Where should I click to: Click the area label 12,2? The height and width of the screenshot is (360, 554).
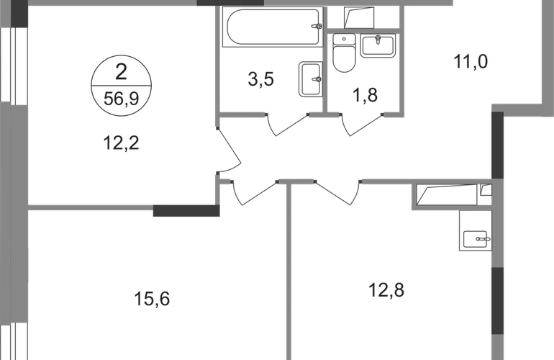(121, 143)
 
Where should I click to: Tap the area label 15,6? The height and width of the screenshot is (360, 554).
(152, 300)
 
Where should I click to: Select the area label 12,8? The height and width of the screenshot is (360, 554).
(386, 291)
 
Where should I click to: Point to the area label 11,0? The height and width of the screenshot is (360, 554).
(471, 62)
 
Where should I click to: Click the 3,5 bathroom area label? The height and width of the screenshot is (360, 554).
(261, 79)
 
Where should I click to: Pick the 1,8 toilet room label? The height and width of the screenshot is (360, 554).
(365, 96)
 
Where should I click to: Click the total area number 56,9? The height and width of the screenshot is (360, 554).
(121, 99)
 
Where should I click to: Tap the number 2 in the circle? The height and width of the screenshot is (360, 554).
(121, 72)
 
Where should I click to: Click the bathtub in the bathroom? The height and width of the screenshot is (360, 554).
(273, 27)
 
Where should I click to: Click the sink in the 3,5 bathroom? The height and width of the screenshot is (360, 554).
(311, 79)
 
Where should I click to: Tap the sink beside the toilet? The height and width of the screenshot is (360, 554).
(378, 45)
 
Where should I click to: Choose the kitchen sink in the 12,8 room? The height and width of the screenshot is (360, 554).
(476, 240)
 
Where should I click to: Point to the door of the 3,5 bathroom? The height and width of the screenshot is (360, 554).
(287, 125)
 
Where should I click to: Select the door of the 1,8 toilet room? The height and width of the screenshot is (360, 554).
(362, 125)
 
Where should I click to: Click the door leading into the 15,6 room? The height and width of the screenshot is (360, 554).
(255, 193)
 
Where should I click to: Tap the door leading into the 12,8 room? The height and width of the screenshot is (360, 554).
(337, 192)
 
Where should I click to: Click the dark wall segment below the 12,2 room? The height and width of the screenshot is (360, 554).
(186, 211)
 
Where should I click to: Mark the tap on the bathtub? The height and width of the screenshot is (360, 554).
(317, 26)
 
